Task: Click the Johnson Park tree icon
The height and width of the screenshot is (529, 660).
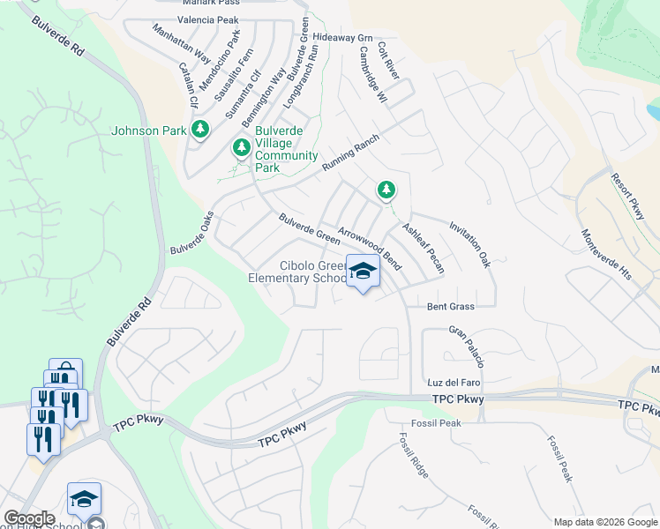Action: [x=200, y=130]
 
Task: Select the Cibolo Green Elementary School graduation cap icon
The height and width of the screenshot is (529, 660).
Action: [x=362, y=272]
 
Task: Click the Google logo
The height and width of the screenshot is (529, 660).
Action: [x=29, y=518]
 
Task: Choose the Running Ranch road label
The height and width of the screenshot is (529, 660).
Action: [x=350, y=153]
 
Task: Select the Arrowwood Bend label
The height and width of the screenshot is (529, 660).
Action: [x=370, y=250]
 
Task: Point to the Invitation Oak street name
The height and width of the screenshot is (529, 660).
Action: [x=469, y=244]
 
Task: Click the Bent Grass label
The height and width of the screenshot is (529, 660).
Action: [x=450, y=307]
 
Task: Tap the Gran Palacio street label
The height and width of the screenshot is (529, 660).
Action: [x=466, y=347]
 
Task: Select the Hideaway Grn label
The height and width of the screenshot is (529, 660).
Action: [x=342, y=38]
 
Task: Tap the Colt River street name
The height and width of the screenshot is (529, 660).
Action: [x=388, y=60]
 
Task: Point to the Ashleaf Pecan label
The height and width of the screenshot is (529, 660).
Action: [x=424, y=247]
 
